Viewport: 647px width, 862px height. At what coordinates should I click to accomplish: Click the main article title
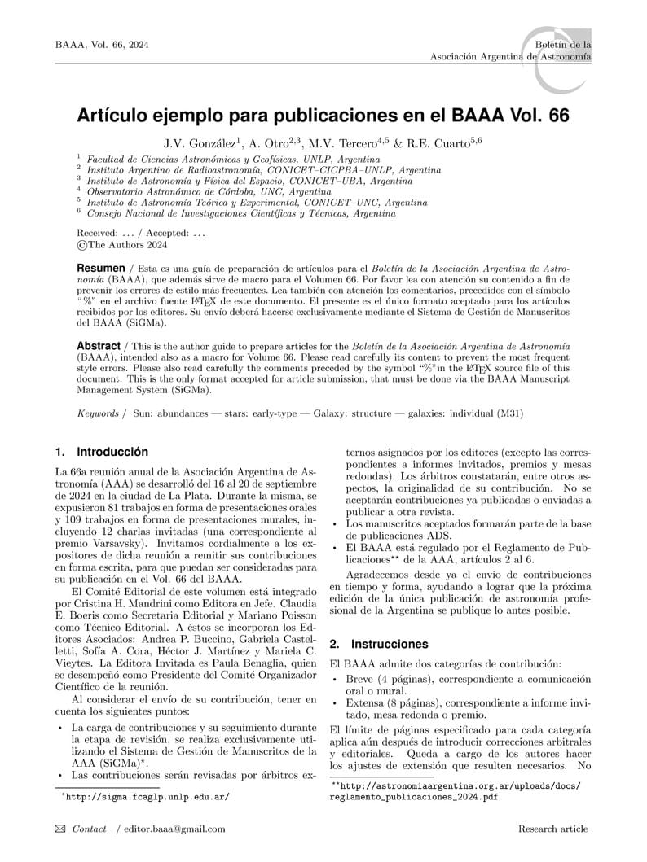coord(323,116)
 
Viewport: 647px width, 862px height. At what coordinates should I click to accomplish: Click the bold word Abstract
coord(98,346)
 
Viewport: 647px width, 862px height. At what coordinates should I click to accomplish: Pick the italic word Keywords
coord(99,413)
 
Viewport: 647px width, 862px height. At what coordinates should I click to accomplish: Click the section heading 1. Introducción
coord(102,452)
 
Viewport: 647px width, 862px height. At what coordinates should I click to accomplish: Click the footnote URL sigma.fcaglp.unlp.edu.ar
coord(146,797)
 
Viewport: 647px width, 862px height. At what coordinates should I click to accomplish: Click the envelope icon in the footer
coord(60,829)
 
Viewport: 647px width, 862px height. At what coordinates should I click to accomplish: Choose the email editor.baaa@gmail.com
coord(174,829)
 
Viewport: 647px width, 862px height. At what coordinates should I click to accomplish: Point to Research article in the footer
coord(552,829)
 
